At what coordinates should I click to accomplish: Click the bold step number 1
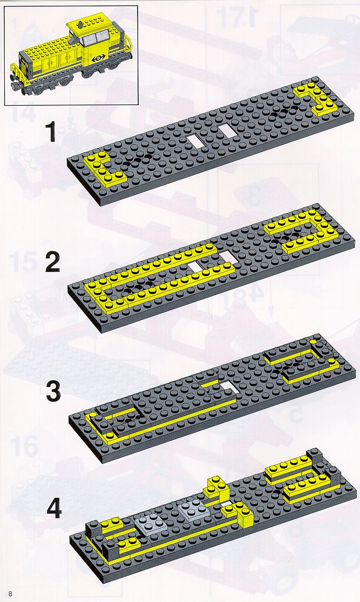(51, 132)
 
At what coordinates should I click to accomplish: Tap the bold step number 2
(53, 263)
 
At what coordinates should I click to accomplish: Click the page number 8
(10, 594)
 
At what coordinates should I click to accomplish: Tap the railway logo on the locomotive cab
(99, 59)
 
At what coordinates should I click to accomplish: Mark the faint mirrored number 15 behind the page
(23, 262)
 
